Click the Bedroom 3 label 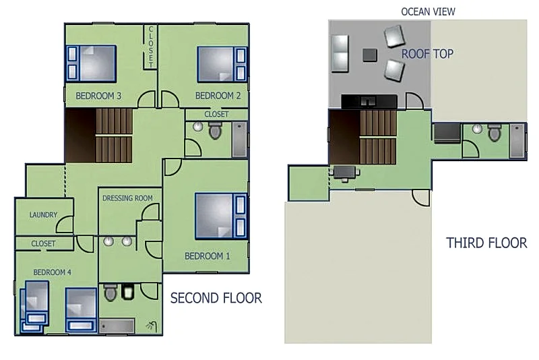pos(98,96)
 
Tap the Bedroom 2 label pos(218,96)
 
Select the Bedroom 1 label pos(208,256)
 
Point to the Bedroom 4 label pos(53,272)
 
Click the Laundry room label pos(43,215)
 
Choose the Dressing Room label pos(127,198)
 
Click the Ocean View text pos(428,11)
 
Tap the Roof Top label pos(427,54)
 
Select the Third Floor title pos(486,243)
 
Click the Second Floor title pos(216,298)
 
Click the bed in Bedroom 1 pos(221,216)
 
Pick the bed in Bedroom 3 pos(91,63)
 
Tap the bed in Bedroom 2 pos(222,64)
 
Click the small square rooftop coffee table pos(370,55)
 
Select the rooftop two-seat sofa pos(340,53)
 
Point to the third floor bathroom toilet pos(495,133)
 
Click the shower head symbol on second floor pos(152,326)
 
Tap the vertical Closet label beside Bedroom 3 pos(150,47)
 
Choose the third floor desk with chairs pos(344,173)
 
